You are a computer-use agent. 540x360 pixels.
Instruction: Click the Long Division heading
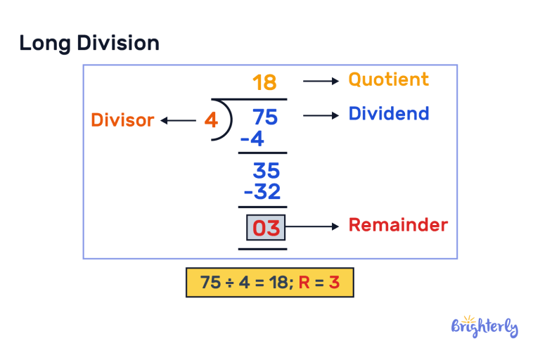89,43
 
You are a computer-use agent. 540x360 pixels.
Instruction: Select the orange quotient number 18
264,83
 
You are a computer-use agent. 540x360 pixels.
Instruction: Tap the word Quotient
388,79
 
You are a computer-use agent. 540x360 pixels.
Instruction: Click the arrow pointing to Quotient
321,82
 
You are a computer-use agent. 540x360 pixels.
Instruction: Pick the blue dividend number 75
265,117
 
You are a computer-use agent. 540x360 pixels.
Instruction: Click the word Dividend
388,114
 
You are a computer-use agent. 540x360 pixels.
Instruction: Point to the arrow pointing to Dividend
321,115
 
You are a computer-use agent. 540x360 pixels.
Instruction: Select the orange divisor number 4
211,120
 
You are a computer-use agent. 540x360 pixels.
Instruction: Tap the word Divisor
122,120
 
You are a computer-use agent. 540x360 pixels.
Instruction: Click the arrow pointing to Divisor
178,121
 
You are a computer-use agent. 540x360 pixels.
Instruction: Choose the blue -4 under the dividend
252,139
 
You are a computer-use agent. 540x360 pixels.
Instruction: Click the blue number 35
266,171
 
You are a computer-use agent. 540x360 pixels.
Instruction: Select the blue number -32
260,191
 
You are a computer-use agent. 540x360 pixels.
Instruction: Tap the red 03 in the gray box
266,228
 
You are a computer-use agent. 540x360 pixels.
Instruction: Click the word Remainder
398,225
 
